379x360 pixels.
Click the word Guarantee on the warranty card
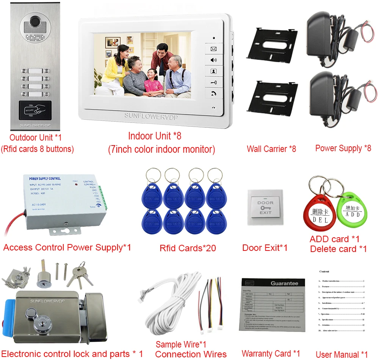click(x=284, y=283)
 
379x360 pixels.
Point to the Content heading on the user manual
click(x=324, y=272)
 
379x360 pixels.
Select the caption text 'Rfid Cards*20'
click(x=188, y=248)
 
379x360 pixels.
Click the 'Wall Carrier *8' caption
click(x=271, y=149)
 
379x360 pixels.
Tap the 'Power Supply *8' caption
click(x=343, y=148)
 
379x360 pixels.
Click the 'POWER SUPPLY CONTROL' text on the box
click(x=45, y=178)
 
